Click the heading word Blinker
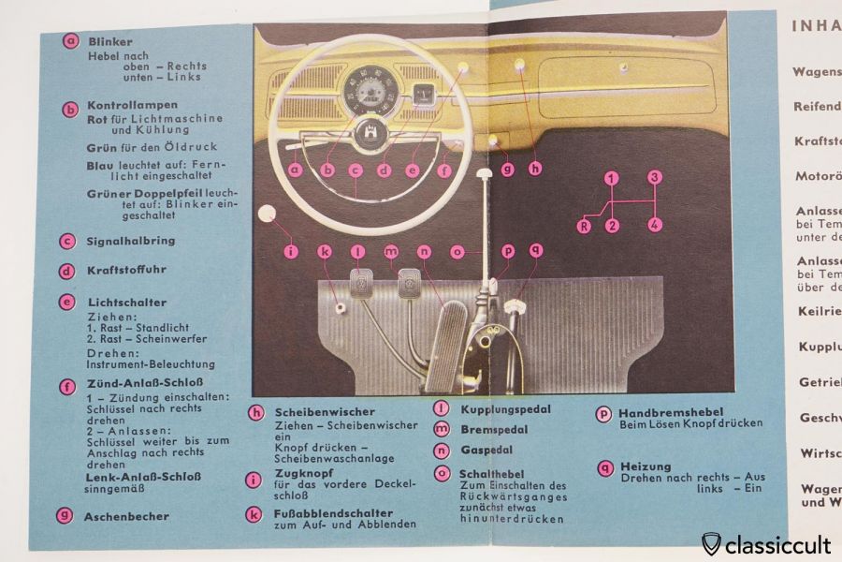(110, 42)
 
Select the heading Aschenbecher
(126, 516)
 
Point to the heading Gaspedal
(482, 451)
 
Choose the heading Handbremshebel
(664, 411)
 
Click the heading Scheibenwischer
(324, 412)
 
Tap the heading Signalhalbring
(130, 241)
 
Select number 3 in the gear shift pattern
(655, 177)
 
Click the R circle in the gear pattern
(584, 226)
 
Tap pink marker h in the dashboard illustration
(534, 169)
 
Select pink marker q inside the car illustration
(534, 250)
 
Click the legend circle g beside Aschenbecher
(65, 515)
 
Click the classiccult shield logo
(712, 542)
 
